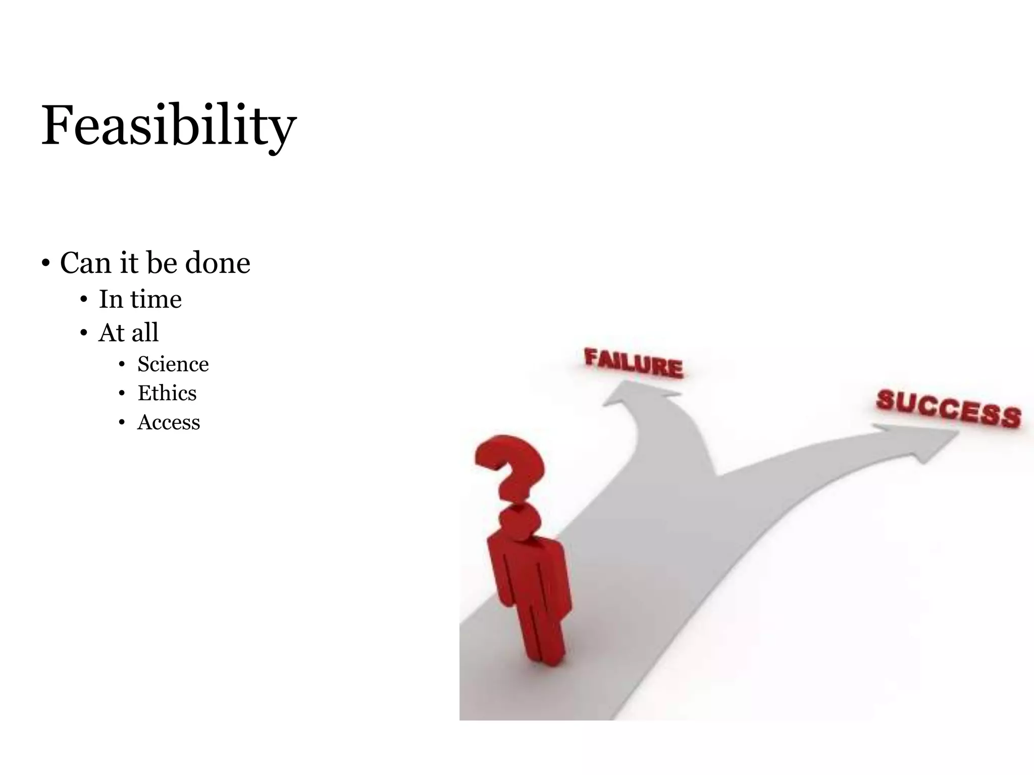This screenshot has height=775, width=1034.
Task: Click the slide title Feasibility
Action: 169,125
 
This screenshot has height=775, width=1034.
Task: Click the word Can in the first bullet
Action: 84,263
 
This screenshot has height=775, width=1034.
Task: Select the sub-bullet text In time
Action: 140,299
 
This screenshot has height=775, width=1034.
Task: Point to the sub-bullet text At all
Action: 128,333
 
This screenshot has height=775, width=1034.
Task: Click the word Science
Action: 173,364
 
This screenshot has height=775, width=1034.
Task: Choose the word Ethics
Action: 167,393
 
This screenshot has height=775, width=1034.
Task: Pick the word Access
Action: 169,422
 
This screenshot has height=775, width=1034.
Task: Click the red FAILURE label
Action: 634,363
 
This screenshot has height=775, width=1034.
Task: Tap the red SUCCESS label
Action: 948,409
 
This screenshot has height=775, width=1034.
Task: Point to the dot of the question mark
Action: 519,522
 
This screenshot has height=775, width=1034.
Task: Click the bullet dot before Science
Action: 122,365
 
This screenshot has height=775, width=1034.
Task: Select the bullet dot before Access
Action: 122,423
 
